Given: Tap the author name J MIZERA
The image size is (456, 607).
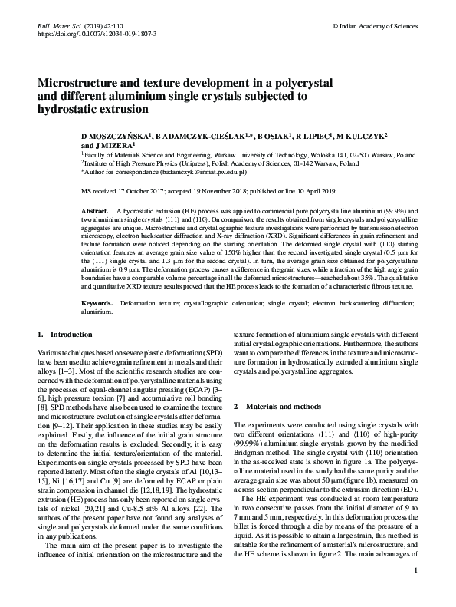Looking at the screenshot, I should [115, 144].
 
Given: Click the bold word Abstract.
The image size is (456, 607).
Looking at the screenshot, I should [95, 209].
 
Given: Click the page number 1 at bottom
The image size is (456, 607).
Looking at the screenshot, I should [415, 592].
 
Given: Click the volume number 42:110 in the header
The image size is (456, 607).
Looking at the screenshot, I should [113, 25].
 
